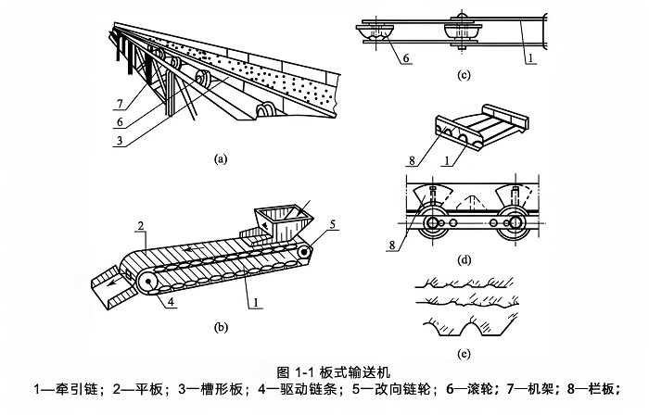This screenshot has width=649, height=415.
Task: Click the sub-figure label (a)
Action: pos(221,158)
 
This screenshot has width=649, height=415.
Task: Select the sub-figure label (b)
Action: pos(221,327)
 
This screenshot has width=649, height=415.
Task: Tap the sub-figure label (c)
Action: pos(464,75)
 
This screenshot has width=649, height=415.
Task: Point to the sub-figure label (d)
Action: pos(464,260)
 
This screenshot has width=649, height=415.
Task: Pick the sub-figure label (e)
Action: pos(464,354)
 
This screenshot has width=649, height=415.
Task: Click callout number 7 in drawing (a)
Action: pos(120,104)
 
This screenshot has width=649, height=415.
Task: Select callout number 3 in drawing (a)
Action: pos(120,140)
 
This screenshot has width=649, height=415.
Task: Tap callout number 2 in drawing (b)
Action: pos(141,226)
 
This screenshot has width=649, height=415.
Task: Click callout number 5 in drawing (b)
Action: pos(332,224)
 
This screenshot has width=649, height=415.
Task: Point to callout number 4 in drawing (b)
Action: pos(172,301)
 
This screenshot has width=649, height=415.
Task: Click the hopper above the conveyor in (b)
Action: pos(284,223)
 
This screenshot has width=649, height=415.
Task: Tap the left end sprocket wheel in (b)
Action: pos(147,283)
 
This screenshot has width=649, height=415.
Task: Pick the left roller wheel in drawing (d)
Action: pos(432,223)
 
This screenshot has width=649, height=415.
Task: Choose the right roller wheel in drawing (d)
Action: pos(515,223)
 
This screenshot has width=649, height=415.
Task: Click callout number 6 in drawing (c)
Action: pos(406,57)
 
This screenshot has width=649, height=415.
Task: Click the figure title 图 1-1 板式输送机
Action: pos(333,372)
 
